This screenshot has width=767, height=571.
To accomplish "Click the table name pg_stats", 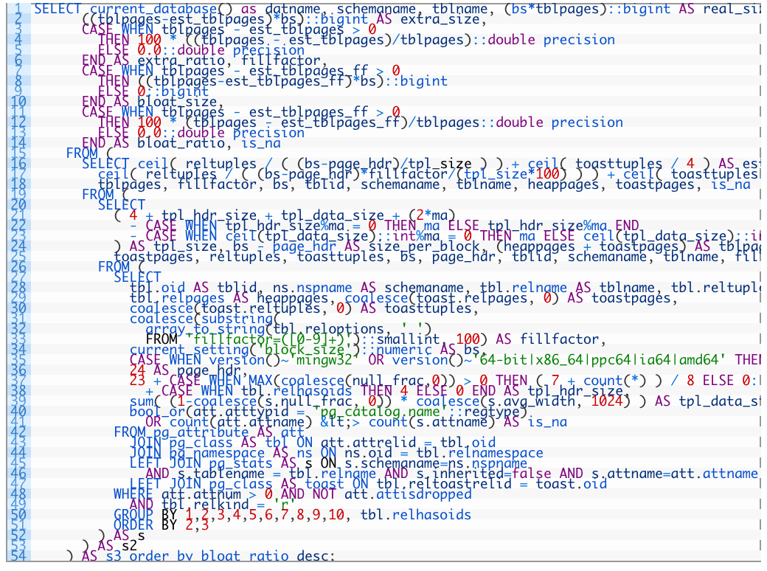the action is coord(241,463).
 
